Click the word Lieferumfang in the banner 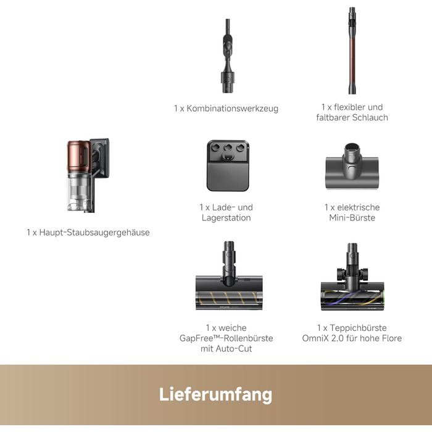click(215, 394)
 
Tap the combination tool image click(228, 56)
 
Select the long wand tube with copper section click(352, 51)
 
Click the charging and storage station click(228, 165)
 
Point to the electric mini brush click(352, 166)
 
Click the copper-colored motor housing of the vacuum click(79, 156)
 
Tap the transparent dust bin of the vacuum click(80, 191)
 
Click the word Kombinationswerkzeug click(232, 109)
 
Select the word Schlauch click(370, 118)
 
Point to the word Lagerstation click(226, 218)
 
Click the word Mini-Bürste click(352, 218)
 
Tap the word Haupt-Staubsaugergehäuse click(94, 232)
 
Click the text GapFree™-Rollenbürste click(226, 338)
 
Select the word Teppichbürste click(358, 328)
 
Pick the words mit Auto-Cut click(226, 349)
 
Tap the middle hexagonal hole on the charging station click(228, 147)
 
